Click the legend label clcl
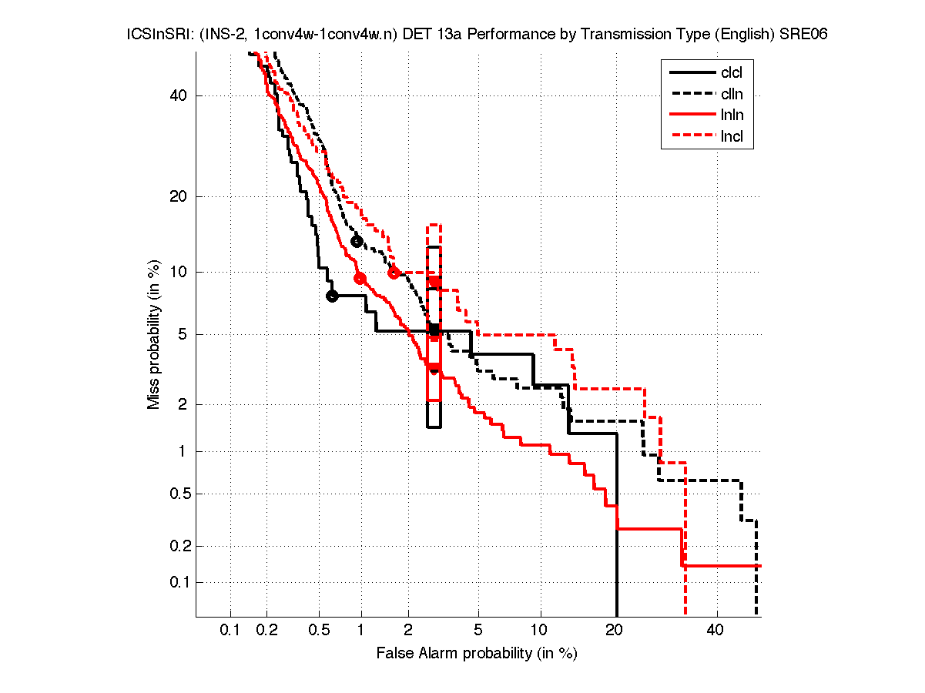tap(732, 73)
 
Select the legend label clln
tap(732, 95)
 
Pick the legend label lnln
tap(732, 116)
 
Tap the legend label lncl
tap(732, 138)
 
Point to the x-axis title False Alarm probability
tap(477, 654)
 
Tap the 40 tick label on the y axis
tap(179, 95)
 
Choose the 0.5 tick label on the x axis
tap(318, 631)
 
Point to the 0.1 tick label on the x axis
tap(230, 631)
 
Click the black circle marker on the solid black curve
tap(332, 296)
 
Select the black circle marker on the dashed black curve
tap(357, 242)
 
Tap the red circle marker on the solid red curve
tap(360, 278)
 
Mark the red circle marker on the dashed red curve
tap(394, 273)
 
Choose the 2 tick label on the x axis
tap(408, 631)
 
